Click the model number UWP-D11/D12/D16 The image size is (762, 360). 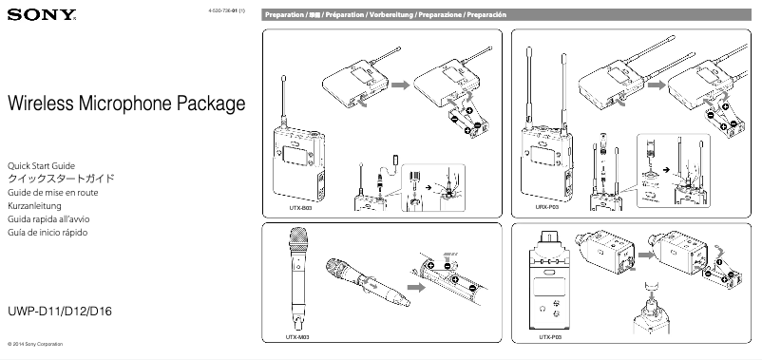coord(60,312)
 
